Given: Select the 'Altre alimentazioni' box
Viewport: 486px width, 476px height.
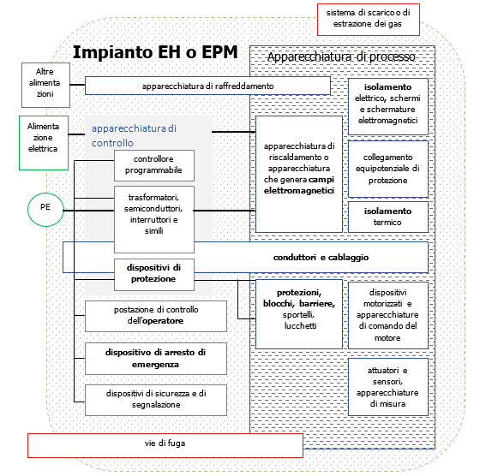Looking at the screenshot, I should pyautogui.click(x=44, y=82).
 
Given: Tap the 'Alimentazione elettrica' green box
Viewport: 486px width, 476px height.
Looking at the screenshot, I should pyautogui.click(x=43, y=136).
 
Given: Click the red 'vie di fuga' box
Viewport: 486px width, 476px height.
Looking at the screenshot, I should pyautogui.click(x=165, y=444).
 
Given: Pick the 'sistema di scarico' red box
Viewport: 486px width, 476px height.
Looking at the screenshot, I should pyautogui.click(x=368, y=20).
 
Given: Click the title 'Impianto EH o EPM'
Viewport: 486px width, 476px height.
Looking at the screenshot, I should pyautogui.click(x=155, y=52).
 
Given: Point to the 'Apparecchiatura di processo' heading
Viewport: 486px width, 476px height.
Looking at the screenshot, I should pyautogui.click(x=341, y=57).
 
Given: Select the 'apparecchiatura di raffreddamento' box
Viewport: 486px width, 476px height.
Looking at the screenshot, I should pyautogui.click(x=207, y=86).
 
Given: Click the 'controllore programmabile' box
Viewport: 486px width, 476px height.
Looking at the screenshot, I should pyautogui.click(x=153, y=165).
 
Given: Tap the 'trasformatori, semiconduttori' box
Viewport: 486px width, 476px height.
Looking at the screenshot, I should pyautogui.click(x=153, y=214).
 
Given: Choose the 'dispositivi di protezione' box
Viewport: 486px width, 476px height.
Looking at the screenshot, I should pyautogui.click(x=153, y=272).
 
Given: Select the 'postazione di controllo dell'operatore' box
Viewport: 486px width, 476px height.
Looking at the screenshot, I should pyautogui.click(x=156, y=315).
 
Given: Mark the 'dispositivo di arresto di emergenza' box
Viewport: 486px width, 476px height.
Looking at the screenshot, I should pyautogui.click(x=156, y=357).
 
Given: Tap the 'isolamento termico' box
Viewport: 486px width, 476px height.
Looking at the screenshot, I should pyautogui.click(x=387, y=217).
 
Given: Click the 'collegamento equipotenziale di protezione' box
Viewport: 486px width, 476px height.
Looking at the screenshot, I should pyautogui.click(x=387, y=168).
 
